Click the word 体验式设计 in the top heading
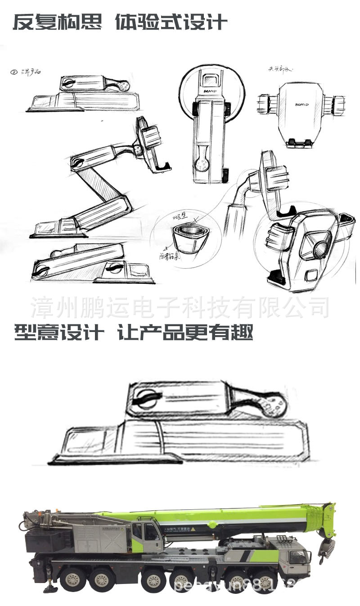[171, 22]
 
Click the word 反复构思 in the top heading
[57, 22]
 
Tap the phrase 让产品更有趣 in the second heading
[185, 333]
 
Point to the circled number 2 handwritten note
[13, 72]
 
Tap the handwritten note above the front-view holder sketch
[280, 69]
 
